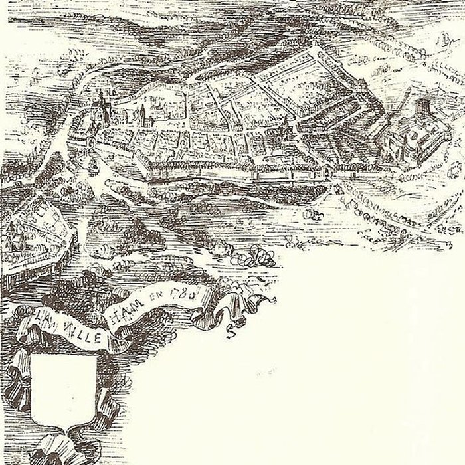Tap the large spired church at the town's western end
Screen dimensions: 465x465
(x=100, y=110)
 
